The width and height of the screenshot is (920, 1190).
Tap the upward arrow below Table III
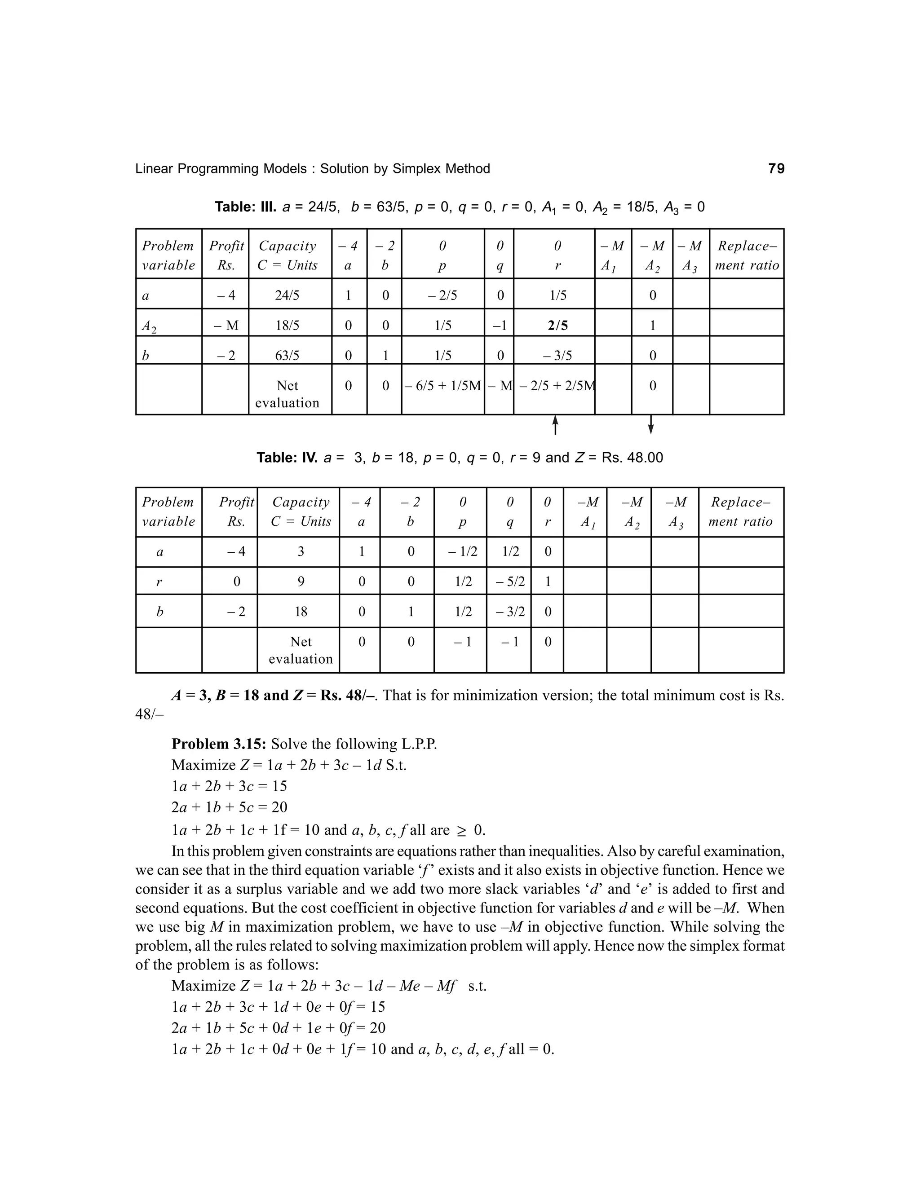click(x=555, y=425)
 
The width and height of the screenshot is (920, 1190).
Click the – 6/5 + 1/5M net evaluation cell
click(x=442, y=386)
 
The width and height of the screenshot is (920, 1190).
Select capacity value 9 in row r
click(x=301, y=582)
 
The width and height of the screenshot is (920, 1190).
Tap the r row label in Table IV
click(x=159, y=582)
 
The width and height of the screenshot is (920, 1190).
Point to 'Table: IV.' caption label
click(x=287, y=458)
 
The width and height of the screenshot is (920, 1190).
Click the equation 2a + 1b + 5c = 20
click(x=229, y=807)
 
